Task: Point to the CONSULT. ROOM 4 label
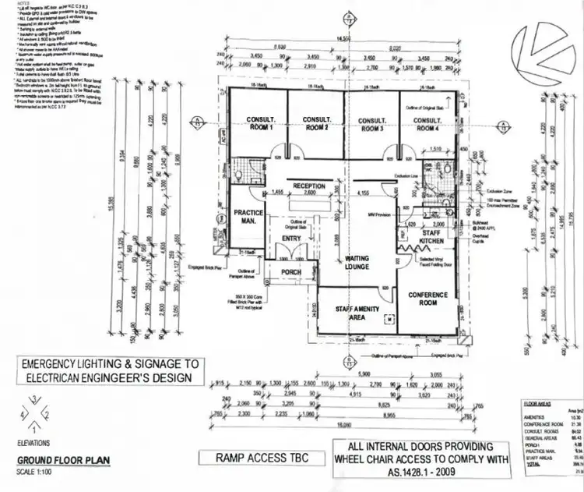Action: [x=427, y=124]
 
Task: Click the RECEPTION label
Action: [x=309, y=186]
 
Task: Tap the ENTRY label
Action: [x=291, y=239]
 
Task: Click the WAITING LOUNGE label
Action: [x=357, y=262]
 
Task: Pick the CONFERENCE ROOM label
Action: [x=428, y=298]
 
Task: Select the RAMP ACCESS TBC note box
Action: [x=254, y=458]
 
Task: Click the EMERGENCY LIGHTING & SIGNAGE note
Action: [x=109, y=370]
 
